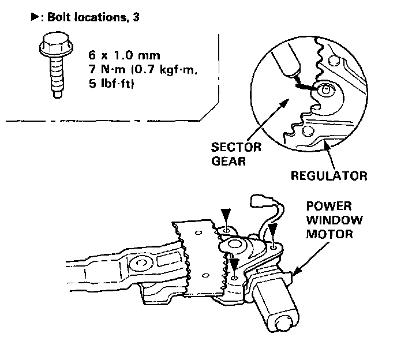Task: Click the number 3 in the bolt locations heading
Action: (x=136, y=17)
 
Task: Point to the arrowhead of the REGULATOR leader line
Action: (x=327, y=147)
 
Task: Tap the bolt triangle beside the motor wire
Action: (x=274, y=231)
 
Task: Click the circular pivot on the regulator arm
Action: (x=140, y=264)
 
